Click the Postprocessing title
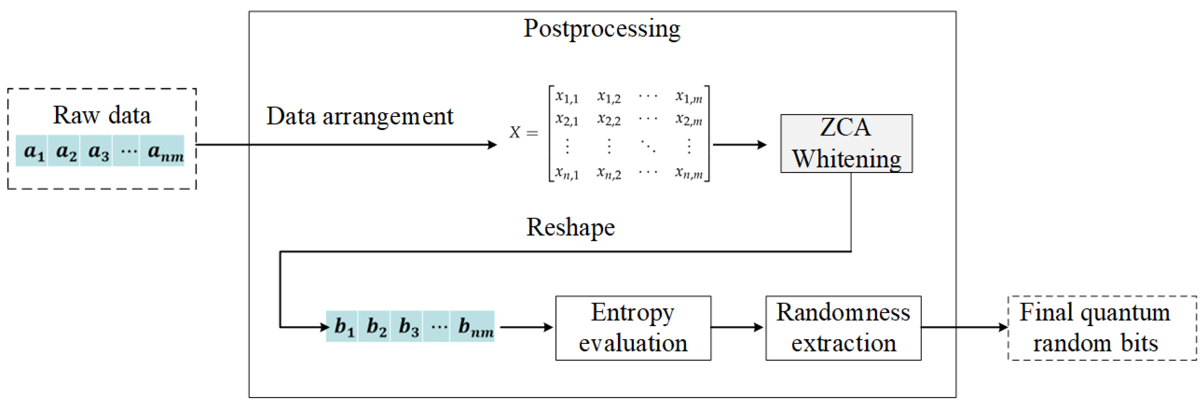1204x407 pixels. [x=602, y=29]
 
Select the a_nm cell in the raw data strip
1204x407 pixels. [x=164, y=151]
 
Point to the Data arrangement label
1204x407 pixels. [x=359, y=116]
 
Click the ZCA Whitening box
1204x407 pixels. [x=846, y=143]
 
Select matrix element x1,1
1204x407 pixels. [x=567, y=97]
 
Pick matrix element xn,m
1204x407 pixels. [x=689, y=173]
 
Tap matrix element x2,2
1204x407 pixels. [x=609, y=120]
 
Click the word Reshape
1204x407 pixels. [x=570, y=227]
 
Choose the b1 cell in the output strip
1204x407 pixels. [x=344, y=326]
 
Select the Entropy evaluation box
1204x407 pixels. [x=633, y=328]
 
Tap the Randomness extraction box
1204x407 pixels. [x=843, y=328]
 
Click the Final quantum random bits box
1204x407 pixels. [x=1102, y=328]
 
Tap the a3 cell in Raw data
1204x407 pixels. [x=97, y=151]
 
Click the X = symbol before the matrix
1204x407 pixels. [x=523, y=133]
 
